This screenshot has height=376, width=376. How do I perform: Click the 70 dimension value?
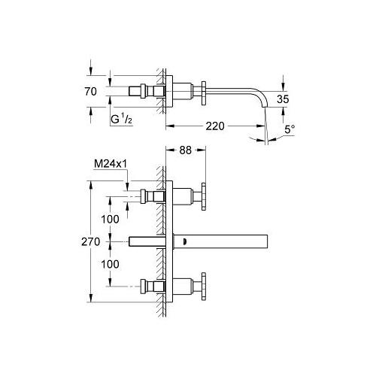[90, 92]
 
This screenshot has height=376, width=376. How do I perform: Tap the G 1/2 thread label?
[122, 119]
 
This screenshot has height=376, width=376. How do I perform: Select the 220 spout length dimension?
[215, 126]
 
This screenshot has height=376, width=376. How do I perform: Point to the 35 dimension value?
[283, 99]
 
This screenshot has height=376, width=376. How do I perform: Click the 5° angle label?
[290, 129]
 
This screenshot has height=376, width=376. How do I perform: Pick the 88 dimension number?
[186, 150]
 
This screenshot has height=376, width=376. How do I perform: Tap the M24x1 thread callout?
[111, 164]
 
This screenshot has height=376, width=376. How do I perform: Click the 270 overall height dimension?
[91, 242]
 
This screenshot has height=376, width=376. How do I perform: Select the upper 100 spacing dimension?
[110, 220]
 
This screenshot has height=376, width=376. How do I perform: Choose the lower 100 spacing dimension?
[110, 264]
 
